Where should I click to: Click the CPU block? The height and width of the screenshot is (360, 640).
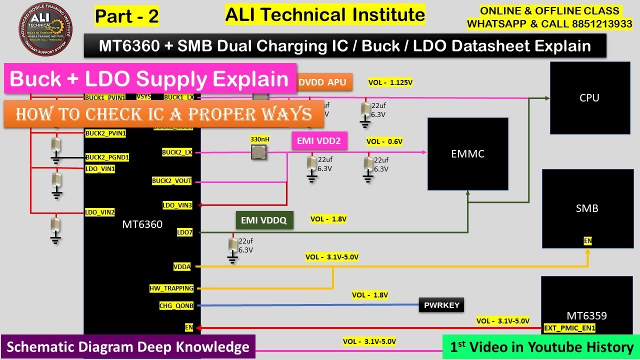point(589,98)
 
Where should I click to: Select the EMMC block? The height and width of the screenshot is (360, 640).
point(467,153)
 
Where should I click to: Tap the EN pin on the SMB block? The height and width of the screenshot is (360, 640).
point(587,241)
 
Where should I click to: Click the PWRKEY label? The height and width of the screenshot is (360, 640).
point(441,305)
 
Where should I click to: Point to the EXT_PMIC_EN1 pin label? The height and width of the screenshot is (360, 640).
point(569,328)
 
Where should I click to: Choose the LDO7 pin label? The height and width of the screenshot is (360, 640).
point(184,232)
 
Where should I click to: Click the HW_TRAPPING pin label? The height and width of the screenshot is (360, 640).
point(171,288)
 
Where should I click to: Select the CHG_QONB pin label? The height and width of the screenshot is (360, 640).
point(176,305)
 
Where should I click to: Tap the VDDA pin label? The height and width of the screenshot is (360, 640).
point(182,267)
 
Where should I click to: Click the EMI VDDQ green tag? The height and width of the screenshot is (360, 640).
point(264,220)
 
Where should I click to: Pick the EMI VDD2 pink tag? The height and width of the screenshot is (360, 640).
point(319,141)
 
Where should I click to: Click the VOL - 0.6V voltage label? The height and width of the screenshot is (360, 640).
point(384,141)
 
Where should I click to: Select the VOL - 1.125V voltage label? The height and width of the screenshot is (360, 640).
point(390,82)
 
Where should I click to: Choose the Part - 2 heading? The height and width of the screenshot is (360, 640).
point(127,16)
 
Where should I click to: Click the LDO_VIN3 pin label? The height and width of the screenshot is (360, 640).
point(177,205)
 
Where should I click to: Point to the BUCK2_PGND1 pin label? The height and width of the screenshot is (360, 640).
point(107,157)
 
